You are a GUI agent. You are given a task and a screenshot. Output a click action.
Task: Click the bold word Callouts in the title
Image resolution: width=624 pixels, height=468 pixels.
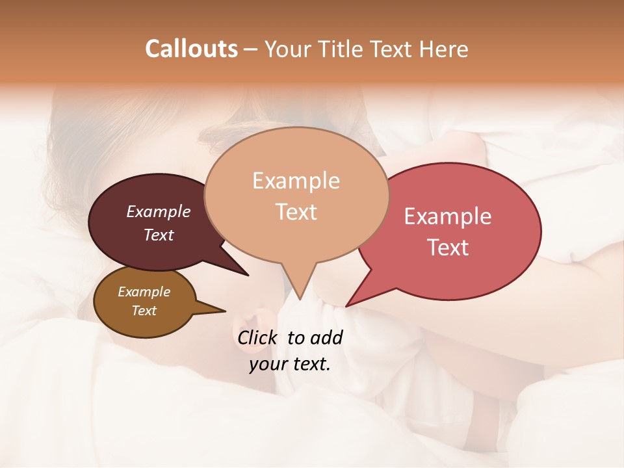(x=191, y=49)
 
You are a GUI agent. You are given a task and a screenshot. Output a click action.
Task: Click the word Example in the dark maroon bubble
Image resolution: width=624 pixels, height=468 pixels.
(x=159, y=212)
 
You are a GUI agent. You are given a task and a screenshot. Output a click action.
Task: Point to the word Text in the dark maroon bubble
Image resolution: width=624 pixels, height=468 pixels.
(x=159, y=235)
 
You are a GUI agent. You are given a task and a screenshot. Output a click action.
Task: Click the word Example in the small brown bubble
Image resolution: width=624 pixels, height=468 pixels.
(x=144, y=292)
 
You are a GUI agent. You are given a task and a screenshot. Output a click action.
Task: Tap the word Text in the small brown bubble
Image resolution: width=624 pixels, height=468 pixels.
(x=144, y=311)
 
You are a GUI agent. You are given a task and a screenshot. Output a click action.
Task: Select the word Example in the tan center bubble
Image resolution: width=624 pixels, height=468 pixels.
(x=296, y=181)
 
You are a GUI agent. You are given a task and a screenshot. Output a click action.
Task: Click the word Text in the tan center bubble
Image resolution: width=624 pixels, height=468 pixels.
(x=296, y=212)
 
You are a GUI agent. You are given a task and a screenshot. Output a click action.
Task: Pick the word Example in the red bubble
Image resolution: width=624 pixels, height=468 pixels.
(x=448, y=216)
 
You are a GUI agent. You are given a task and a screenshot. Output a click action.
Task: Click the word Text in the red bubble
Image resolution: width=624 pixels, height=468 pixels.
(x=448, y=248)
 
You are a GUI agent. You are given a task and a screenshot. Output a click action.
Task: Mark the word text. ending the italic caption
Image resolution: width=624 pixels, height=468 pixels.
(x=312, y=364)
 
